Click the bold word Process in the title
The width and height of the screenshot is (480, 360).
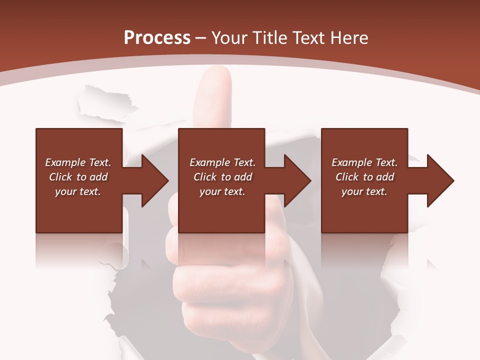coord(157,38)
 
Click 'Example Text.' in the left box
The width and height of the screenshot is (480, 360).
coord(78,162)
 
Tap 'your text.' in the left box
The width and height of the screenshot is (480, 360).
coord(78,191)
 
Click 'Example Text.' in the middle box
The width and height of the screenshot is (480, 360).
coord(222,162)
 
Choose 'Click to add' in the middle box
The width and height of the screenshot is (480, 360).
coord(222,177)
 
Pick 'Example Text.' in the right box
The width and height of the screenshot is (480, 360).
coord(364,162)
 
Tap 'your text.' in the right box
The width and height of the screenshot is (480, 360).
coord(364,191)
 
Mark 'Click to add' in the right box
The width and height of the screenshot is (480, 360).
coord(364,177)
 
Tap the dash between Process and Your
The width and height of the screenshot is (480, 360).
coord(200,38)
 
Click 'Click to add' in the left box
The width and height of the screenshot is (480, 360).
coord(78,177)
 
